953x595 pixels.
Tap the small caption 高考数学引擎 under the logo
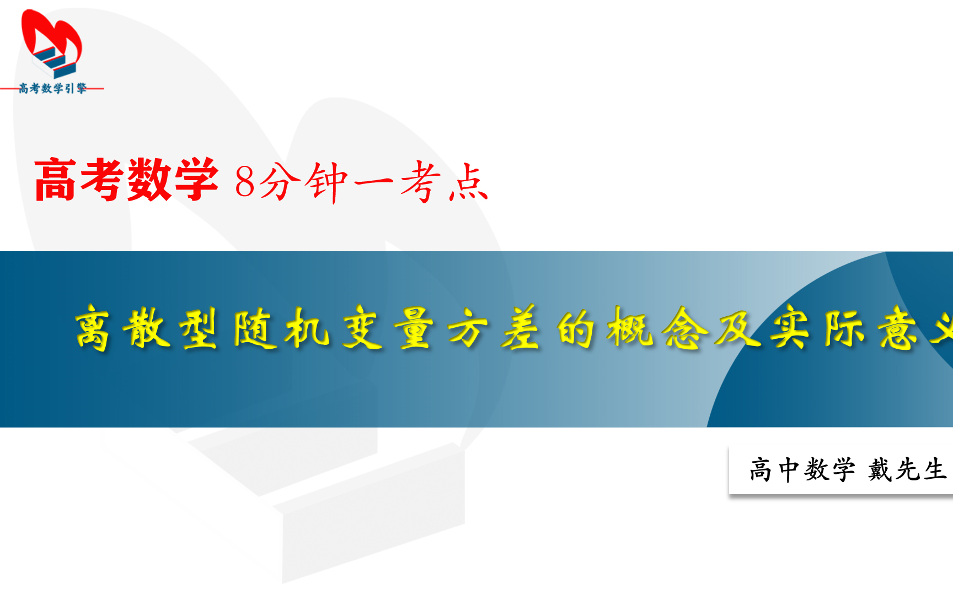(53, 88)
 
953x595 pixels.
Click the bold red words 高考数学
(126, 180)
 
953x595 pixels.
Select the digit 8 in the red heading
(245, 182)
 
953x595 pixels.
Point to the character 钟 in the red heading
(328, 182)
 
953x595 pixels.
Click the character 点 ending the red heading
(468, 182)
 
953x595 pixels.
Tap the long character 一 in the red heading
(373, 181)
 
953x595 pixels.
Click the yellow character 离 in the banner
(93, 328)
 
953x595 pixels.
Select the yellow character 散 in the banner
(146, 328)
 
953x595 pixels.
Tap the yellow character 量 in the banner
(415, 328)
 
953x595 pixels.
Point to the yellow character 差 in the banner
(521, 328)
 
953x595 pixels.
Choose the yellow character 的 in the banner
(575, 328)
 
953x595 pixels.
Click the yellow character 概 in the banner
(629, 328)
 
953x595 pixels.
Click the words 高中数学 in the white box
(802, 470)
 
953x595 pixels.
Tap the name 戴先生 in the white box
(907, 470)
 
